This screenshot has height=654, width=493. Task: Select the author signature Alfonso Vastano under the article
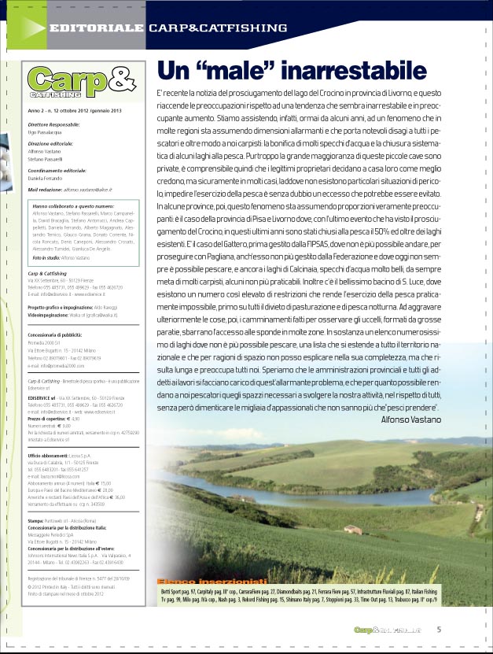410,420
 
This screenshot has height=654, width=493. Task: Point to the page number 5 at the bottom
439,629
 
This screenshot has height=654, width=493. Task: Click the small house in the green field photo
352,530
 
